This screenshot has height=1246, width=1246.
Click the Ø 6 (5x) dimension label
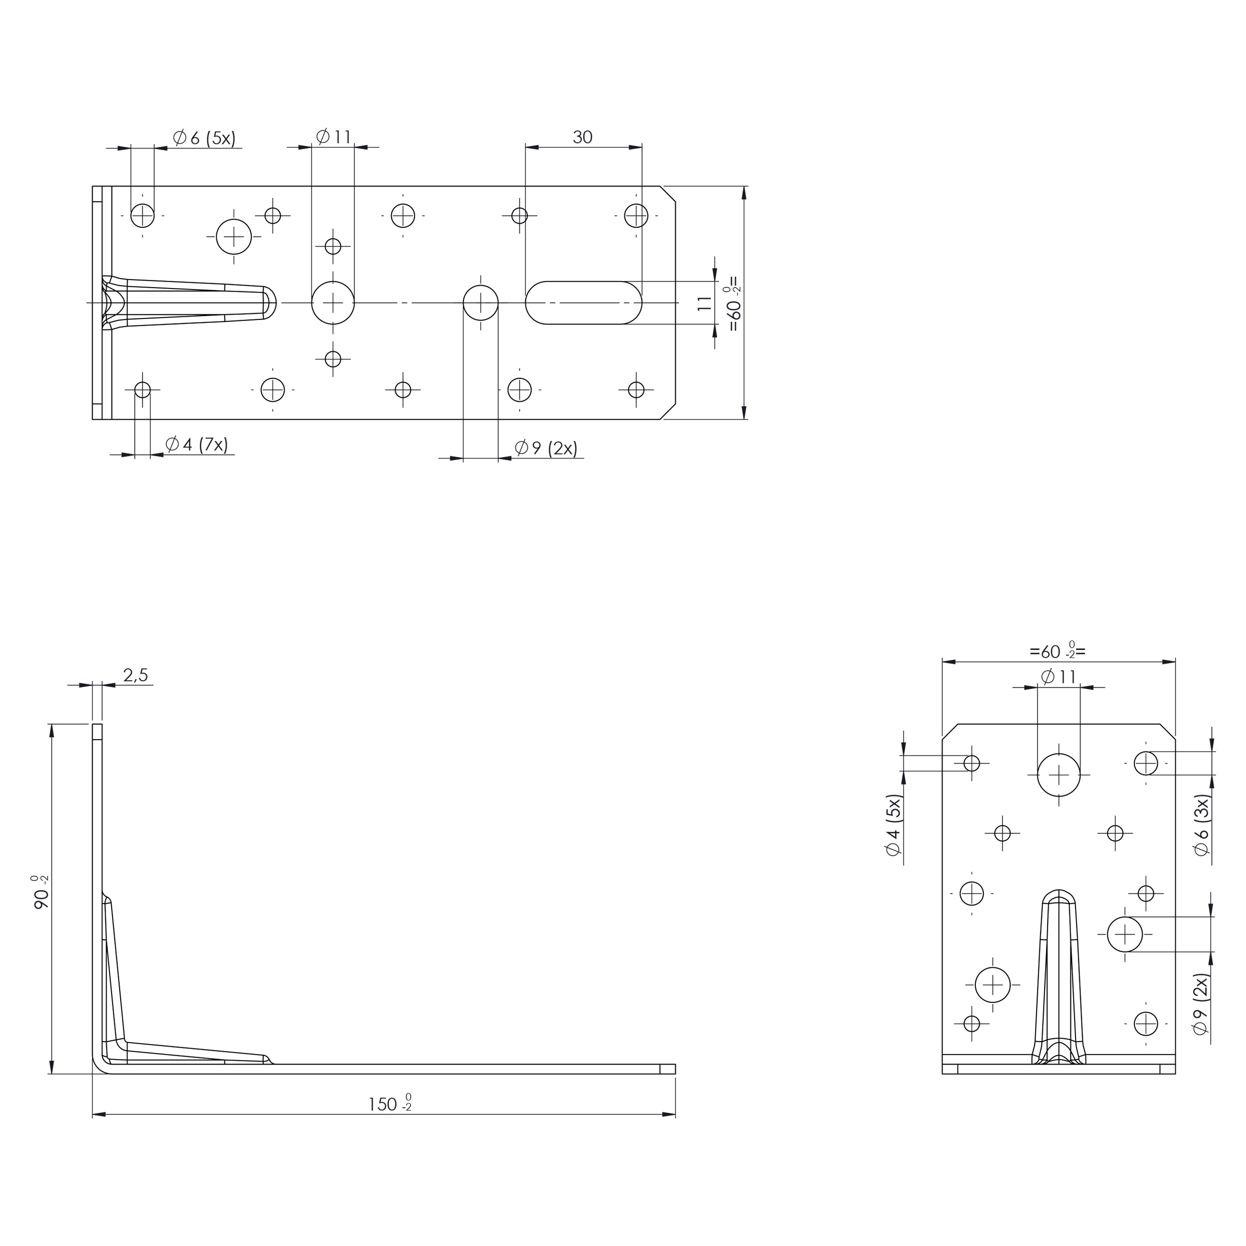click(x=204, y=138)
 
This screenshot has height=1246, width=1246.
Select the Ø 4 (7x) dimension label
click(x=197, y=445)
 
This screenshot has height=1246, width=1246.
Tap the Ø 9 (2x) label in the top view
click(x=546, y=448)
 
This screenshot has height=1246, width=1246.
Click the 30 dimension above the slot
click(x=582, y=137)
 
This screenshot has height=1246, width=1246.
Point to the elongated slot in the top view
click(x=584, y=303)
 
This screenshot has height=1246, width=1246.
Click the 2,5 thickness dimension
click(x=136, y=675)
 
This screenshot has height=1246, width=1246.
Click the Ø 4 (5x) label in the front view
click(x=893, y=825)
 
